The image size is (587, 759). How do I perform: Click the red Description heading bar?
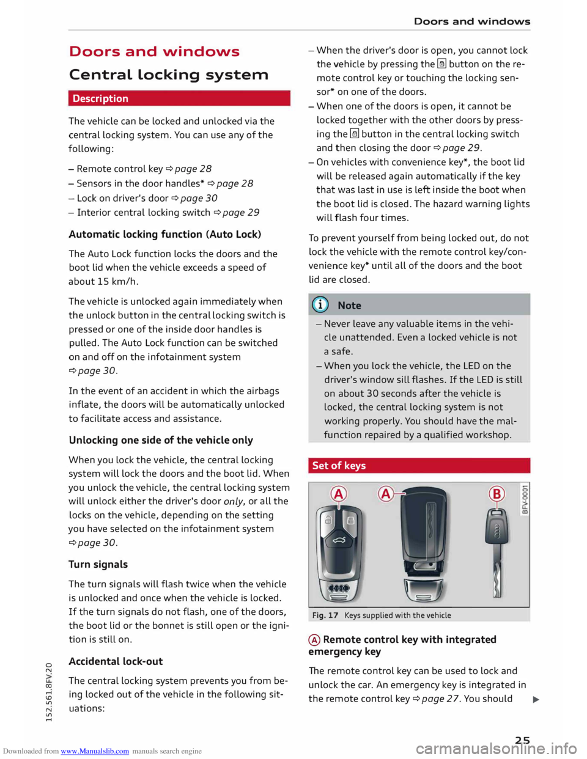pyautogui.click(x=179, y=98)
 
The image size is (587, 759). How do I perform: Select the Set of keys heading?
pyautogui.click(x=339, y=466)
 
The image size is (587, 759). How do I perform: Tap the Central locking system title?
pyautogui.click(x=169, y=75)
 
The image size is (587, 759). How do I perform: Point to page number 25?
pyautogui.click(x=522, y=740)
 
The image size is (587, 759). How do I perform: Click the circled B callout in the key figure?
pyautogui.click(x=497, y=494)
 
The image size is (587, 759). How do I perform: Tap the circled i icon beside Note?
pyautogui.click(x=320, y=304)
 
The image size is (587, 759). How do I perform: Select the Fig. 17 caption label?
pyautogui.click(x=325, y=615)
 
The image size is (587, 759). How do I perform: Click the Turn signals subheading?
pyautogui.click(x=98, y=564)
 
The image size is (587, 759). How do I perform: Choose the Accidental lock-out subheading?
pyautogui.click(x=116, y=661)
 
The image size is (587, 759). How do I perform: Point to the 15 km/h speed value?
pyautogui.click(x=117, y=282)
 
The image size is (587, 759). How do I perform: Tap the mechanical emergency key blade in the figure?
pyautogui.click(x=498, y=574)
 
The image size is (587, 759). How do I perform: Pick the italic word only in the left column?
pyautogui.click(x=233, y=502)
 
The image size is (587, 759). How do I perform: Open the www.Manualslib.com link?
pyautogui.click(x=95, y=751)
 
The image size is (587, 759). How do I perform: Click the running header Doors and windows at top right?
pyautogui.click(x=472, y=21)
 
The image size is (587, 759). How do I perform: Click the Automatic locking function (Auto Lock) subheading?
pyautogui.click(x=165, y=234)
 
